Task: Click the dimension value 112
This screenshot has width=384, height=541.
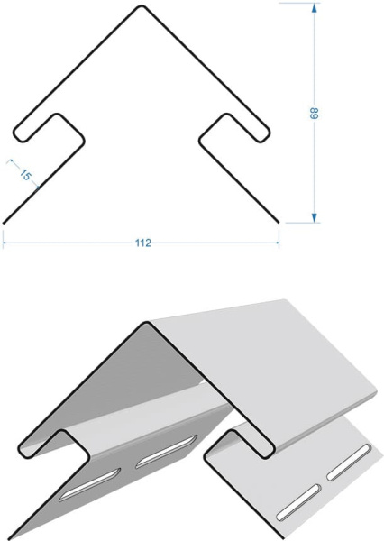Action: point(142,243)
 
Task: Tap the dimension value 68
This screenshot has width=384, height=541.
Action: point(314,114)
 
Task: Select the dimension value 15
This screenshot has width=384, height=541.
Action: point(25,174)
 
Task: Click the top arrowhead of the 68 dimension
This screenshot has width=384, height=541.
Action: point(314,7)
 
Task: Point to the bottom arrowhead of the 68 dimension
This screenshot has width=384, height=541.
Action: point(314,217)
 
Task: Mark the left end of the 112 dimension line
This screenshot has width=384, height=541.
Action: point(3,243)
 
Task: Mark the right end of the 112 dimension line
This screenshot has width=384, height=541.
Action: point(279,243)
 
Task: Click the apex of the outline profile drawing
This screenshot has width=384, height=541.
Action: point(141,6)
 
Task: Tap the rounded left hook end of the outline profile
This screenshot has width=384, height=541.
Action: point(19,135)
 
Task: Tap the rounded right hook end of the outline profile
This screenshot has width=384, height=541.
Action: point(263,135)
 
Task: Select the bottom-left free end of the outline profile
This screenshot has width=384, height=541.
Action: point(4,224)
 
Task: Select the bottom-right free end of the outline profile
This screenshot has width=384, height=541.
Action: point(278,222)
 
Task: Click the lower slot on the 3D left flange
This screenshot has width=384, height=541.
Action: point(90,484)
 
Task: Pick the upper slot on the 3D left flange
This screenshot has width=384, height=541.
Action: point(166,452)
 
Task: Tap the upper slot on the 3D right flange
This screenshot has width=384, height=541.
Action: point(349,463)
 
